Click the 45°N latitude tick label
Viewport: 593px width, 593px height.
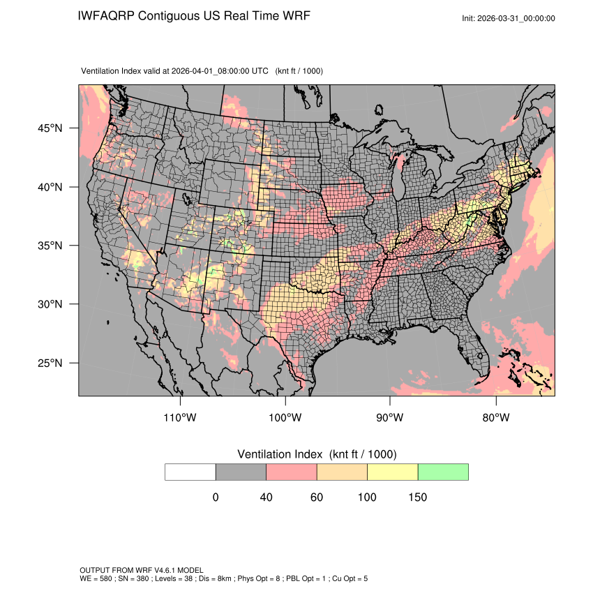[x=50, y=128]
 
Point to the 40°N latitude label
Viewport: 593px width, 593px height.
[x=50, y=187]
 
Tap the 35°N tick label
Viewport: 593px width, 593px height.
[x=50, y=246]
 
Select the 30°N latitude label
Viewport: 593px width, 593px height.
[x=50, y=304]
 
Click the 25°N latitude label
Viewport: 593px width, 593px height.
[x=50, y=363]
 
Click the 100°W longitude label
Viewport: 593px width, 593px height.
[x=285, y=418]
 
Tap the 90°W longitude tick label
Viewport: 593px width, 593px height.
[x=390, y=418]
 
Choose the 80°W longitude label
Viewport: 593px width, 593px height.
[x=495, y=418]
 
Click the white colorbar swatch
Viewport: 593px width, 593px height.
[x=190, y=472]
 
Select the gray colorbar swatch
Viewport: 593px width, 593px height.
[x=241, y=472]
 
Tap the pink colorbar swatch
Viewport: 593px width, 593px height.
[x=292, y=472]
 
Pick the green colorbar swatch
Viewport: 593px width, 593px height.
[x=443, y=472]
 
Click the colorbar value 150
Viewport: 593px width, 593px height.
[x=417, y=497]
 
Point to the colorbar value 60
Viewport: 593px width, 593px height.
[x=317, y=497]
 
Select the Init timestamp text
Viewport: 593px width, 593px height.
[x=509, y=18]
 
